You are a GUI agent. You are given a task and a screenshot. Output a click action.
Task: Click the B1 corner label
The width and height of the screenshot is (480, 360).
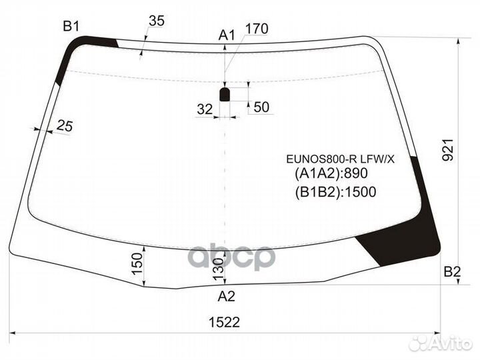pos(71,27)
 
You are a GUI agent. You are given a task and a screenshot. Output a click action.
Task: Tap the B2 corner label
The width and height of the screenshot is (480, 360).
pos(452,271)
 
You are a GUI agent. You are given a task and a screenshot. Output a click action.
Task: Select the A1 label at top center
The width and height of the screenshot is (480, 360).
pos(227,35)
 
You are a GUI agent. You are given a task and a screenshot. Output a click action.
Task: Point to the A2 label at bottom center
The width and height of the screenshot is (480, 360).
pos(227,297)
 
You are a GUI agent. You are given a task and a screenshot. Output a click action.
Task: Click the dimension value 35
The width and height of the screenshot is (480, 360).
pos(156,21)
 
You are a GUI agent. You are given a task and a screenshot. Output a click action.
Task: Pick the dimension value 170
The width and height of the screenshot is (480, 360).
pos(257,29)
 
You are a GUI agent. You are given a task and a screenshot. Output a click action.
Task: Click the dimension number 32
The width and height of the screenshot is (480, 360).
pos(205,108)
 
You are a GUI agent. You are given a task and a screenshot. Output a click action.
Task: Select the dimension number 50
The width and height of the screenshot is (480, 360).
pos(261,108)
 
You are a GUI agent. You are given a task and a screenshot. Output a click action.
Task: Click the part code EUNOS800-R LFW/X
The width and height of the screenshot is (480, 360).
pos(340,159)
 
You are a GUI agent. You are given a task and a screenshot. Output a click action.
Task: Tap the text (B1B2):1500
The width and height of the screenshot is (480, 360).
pos(335,193)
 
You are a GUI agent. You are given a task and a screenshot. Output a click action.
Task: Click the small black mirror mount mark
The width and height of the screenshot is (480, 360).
pos(225,94)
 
